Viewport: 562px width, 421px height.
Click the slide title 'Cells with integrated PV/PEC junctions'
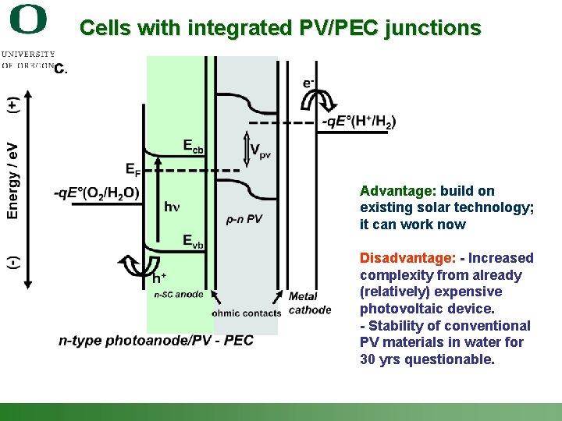coord(280,28)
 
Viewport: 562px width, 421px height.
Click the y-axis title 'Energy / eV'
coord(13,180)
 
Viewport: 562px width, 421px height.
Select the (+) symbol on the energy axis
coord(13,106)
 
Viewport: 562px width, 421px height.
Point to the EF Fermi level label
coord(133,168)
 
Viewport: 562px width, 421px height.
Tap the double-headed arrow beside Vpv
coord(244,148)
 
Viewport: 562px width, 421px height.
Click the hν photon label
coord(172,207)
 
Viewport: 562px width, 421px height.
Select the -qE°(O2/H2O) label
coord(97,193)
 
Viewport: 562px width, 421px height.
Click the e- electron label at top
coord(309,83)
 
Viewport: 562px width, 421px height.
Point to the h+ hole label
coord(158,278)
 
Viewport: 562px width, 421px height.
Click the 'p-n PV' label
coord(244,219)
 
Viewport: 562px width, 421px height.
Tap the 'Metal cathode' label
coord(309,303)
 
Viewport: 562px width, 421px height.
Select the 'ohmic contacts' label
coord(246,313)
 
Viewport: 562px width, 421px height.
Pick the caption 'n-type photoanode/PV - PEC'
coord(155,341)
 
